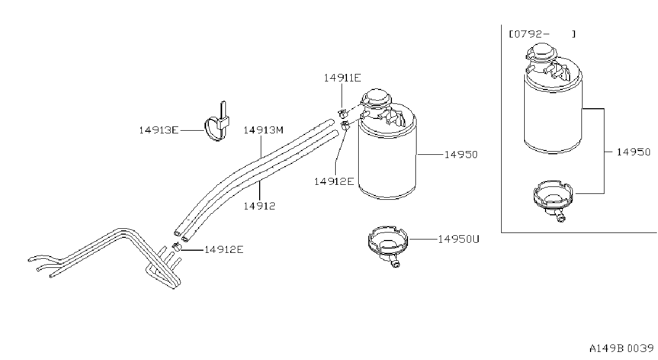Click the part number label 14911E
coord(342,78)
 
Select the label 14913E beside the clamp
coord(158,130)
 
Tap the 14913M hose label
coord(263,130)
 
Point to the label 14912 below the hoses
coord(259,206)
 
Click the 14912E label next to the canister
coord(334,182)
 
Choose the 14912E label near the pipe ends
coord(224,250)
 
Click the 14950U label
coord(458,239)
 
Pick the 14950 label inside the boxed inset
coord(633,152)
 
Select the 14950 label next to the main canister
coord(461,155)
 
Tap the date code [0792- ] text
coord(542,34)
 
